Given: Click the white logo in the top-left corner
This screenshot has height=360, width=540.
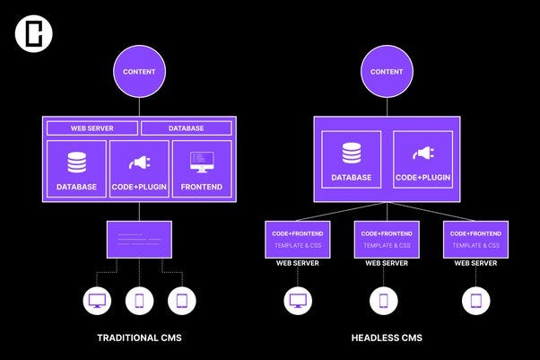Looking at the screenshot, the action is point(34,33).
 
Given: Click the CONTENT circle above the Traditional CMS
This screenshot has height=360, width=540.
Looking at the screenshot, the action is point(139,72).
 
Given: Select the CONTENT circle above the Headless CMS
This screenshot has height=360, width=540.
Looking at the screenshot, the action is point(387,72).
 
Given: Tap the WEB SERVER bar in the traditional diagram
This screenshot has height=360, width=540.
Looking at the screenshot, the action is point(92,128).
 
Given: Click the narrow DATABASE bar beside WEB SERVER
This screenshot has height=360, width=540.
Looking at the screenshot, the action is point(187,128).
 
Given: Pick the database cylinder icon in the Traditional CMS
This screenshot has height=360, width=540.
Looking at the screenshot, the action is point(77,162).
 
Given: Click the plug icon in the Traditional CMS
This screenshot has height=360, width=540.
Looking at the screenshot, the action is point(139,162).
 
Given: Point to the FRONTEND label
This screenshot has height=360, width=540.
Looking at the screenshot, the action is point(202,187).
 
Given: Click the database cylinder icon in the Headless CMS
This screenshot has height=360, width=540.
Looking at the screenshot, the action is point(352,154).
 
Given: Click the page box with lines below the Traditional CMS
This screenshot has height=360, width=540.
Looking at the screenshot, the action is point(139,240).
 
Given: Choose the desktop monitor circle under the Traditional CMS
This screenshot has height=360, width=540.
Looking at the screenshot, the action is point(97,301).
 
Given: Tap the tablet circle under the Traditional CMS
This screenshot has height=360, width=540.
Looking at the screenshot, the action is point(182,301).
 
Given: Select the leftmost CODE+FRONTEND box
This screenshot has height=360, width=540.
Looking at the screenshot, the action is point(298,240).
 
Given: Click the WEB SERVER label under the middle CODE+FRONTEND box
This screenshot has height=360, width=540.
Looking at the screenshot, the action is point(387,263).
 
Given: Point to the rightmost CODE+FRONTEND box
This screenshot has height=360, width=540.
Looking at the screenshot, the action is point(475,240).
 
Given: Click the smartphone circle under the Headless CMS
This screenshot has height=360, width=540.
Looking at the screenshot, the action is point(384,301).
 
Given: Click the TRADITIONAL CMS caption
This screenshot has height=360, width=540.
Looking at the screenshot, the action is point(139,338).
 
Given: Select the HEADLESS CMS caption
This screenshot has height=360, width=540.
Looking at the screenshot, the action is point(387,338).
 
